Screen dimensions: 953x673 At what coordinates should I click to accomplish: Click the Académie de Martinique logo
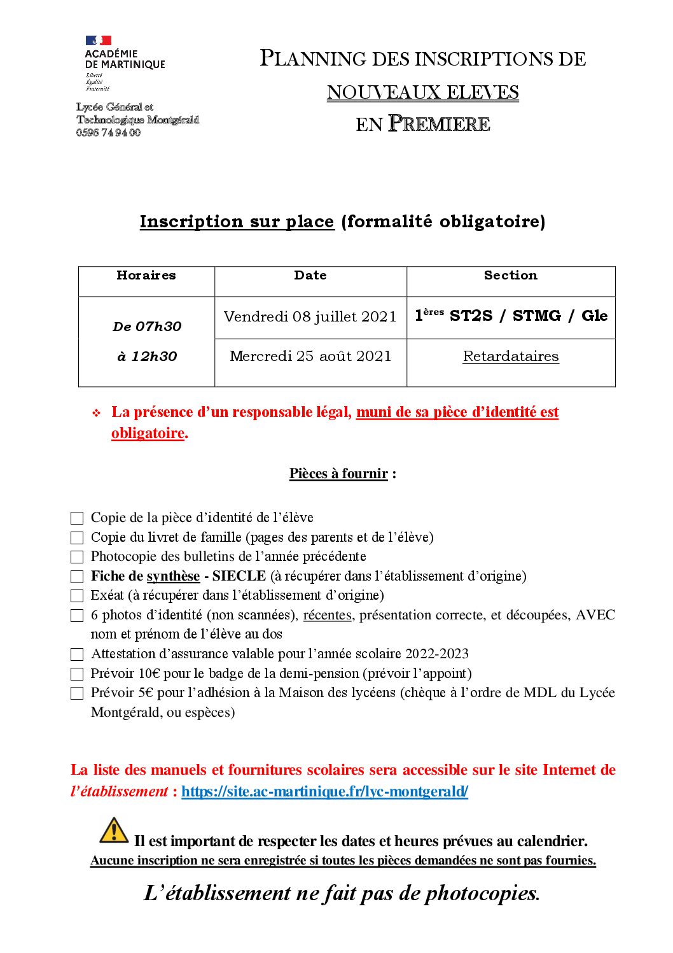(x=124, y=62)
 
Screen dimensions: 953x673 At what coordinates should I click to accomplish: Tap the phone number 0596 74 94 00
(x=108, y=132)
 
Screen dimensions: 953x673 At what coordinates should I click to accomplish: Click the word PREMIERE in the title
(x=439, y=124)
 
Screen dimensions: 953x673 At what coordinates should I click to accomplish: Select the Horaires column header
(x=146, y=276)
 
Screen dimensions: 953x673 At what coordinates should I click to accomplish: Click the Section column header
(x=510, y=276)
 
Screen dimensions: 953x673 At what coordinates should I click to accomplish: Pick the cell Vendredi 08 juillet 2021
(x=310, y=316)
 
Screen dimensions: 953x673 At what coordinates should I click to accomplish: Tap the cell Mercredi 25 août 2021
(x=310, y=356)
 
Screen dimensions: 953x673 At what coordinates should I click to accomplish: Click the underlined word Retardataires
(x=510, y=356)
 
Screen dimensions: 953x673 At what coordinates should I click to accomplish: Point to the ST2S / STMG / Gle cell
(x=511, y=316)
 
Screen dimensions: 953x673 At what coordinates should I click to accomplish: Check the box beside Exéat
(x=77, y=596)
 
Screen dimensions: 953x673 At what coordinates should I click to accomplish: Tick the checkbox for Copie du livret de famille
(x=77, y=538)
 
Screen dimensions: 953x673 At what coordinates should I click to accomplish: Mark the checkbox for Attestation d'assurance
(x=77, y=654)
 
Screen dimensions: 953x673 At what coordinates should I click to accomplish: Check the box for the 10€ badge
(x=77, y=674)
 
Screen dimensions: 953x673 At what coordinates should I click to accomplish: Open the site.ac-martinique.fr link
(x=324, y=791)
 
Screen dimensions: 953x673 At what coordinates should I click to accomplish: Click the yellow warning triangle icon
(x=114, y=831)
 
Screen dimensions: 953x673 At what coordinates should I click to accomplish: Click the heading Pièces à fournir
(x=338, y=474)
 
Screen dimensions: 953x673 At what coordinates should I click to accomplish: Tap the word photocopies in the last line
(x=482, y=893)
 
